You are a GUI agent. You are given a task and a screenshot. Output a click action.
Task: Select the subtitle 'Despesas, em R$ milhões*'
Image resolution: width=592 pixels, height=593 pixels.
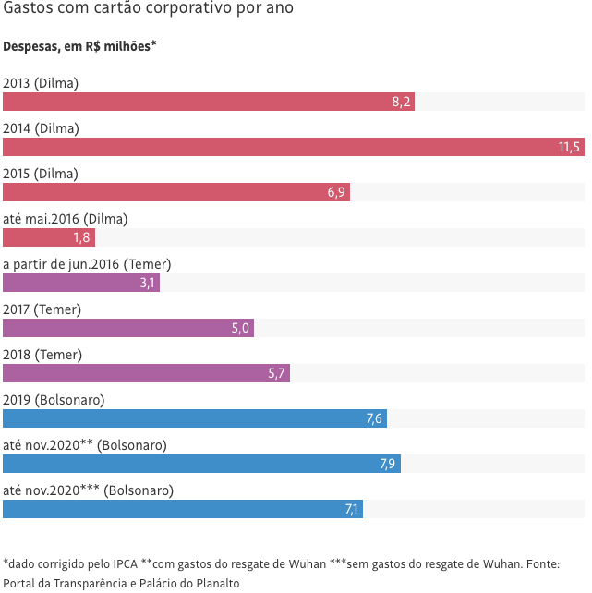coord(79,46)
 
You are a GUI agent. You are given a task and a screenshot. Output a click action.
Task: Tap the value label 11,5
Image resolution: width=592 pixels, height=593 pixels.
coord(569,147)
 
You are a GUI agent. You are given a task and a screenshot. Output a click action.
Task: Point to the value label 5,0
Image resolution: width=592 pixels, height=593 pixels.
coord(240,328)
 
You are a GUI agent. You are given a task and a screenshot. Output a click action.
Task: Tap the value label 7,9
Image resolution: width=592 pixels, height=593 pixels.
coord(388,464)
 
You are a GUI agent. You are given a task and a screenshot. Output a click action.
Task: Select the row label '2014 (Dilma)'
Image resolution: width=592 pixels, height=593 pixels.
coord(41,128)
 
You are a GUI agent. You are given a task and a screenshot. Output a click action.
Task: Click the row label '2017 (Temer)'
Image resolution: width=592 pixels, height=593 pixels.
coord(42,309)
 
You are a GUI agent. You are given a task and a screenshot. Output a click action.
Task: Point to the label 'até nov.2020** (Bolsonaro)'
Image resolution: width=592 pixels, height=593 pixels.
coord(85,445)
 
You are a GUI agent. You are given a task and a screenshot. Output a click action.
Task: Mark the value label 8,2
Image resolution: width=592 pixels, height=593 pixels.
coord(401,102)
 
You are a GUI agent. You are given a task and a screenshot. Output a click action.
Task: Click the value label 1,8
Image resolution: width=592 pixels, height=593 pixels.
coord(81,237)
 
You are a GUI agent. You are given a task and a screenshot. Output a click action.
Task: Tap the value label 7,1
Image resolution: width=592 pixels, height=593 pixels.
coord(351,509)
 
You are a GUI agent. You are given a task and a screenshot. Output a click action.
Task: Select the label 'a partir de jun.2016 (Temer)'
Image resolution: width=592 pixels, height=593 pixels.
coord(87,264)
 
